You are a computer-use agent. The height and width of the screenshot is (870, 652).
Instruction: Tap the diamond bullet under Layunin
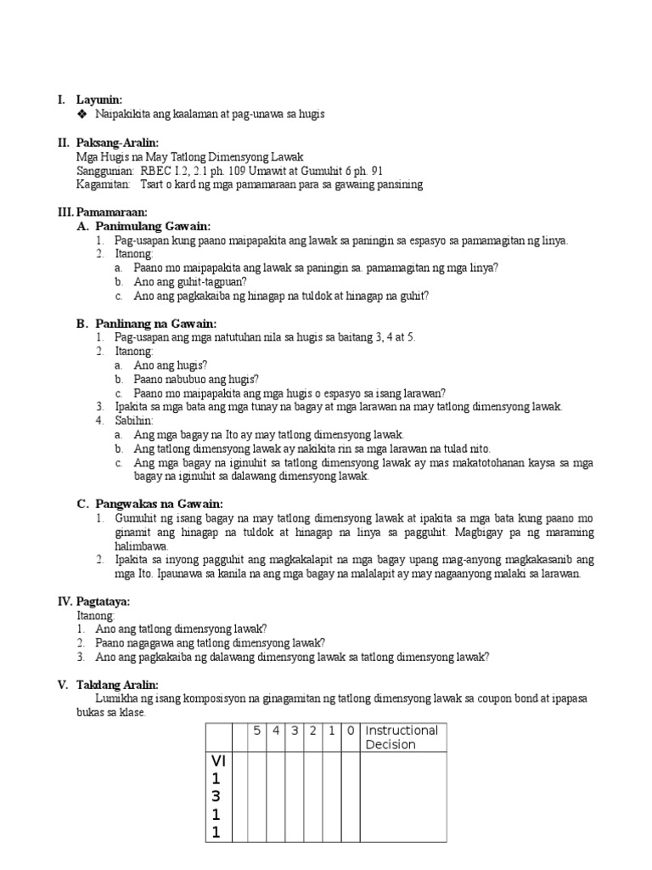pos(81,114)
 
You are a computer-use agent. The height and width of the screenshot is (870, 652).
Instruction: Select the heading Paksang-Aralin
pos(117,143)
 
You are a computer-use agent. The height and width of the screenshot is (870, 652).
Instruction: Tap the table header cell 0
pos(351,731)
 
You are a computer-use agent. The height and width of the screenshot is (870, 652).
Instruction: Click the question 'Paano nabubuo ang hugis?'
pos(196,379)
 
